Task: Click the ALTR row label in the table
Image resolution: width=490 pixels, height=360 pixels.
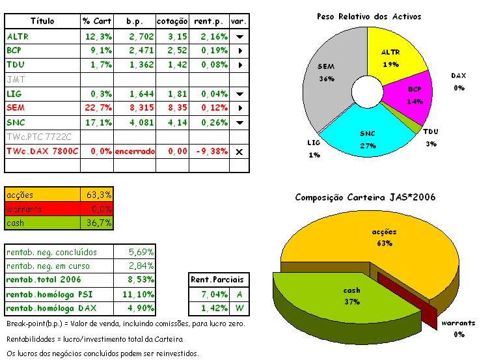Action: [x=18, y=36]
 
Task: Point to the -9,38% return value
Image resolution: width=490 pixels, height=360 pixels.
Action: [x=211, y=151]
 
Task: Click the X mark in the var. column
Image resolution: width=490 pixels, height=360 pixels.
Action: [x=239, y=151]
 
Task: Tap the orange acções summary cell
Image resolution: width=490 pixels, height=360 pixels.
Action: [x=42, y=195]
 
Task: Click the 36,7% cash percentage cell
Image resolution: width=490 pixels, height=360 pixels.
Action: [x=100, y=223]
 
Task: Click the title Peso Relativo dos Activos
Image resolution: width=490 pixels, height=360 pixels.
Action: [x=369, y=16]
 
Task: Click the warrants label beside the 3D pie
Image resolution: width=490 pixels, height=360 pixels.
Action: [x=459, y=322]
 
